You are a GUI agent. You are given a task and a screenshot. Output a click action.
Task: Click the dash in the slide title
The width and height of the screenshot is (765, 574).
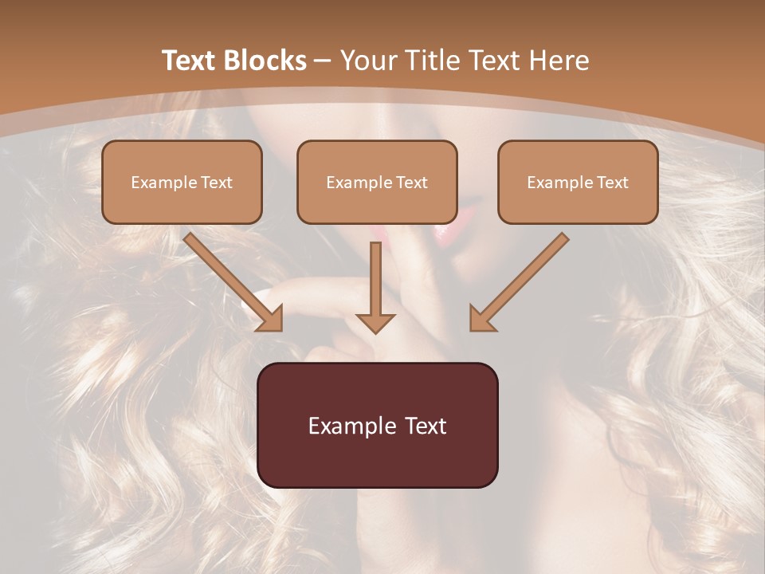coord(323,61)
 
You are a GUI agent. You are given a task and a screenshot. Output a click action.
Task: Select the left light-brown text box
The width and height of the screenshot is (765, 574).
coord(182,182)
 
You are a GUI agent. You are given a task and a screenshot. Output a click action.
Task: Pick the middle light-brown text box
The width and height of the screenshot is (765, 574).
coord(377,182)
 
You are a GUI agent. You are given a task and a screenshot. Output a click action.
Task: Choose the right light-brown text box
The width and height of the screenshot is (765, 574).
coord(578,182)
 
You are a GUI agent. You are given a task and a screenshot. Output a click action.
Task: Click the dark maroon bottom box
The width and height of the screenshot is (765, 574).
coord(377,425)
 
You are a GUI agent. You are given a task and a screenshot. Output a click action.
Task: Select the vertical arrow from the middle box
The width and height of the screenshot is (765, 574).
coord(375,287)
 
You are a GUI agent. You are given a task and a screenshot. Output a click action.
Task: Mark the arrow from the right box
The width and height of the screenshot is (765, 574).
coord(519,282)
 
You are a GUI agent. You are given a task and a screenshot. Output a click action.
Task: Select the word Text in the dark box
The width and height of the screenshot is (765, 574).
coord(426,426)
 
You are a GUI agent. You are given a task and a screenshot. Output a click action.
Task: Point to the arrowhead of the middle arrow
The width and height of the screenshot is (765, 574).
coord(375,322)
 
